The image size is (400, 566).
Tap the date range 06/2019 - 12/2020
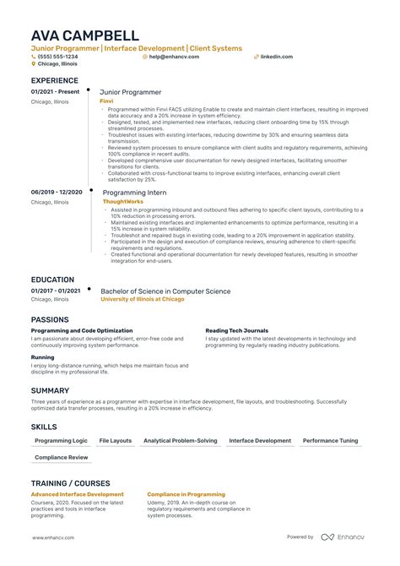pos(57,193)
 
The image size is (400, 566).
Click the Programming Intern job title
pos(134,193)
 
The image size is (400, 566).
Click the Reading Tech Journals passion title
pos(238,330)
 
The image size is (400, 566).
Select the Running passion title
pos(43,357)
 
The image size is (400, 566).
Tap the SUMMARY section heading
pos(51,390)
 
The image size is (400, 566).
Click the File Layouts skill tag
pos(116,441)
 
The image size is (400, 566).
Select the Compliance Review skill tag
pos(62,457)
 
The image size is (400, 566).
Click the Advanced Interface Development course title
pos(78,494)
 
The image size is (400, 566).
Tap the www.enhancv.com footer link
pos(53,537)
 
